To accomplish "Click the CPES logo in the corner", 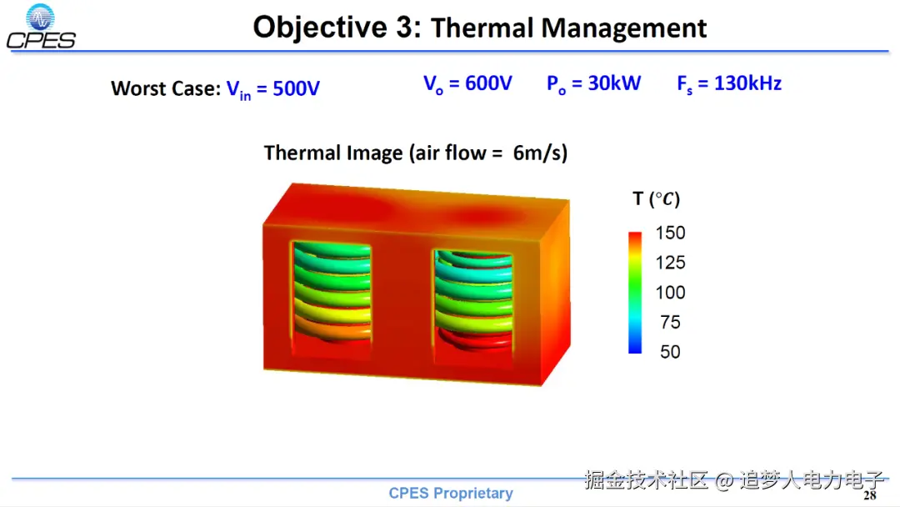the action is pos(41,27).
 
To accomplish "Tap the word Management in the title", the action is pos(624,28).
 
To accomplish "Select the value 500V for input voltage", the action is pos(296,88).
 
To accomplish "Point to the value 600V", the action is pos(488,83).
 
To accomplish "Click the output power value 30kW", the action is pos(615,83).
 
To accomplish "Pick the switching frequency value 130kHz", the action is pos(747,83).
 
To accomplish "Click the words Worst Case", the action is pos(166,88).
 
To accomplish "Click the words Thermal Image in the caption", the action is pos(333,153).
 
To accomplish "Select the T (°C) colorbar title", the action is pos(656,198).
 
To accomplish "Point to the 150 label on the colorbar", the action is pos(670,233).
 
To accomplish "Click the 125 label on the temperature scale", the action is pos(670,263).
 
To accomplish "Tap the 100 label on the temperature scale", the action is pos(670,292).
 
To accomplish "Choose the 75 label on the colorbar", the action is pos(670,322).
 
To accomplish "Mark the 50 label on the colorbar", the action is pos(670,352).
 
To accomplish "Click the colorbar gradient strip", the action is pos(635,292).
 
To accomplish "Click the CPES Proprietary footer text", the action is pos(451,493).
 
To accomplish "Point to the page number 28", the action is pos(870,495).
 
